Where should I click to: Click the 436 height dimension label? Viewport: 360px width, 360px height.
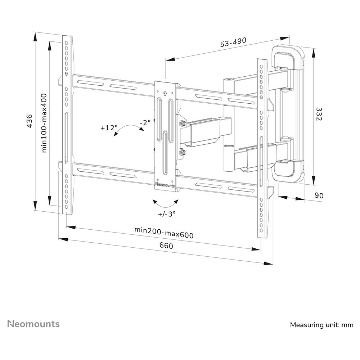coord(30,121)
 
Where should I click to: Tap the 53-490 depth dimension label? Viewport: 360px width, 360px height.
coord(233,43)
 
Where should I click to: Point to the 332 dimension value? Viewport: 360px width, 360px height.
coord(318,114)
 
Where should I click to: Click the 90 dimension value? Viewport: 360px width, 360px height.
coord(319,195)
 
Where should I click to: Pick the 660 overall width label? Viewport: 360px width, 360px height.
coord(166,246)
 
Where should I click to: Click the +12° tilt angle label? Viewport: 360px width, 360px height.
coord(109,128)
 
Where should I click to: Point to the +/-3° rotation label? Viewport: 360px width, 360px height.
coord(167,214)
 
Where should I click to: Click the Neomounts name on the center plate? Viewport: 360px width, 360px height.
coord(165,185)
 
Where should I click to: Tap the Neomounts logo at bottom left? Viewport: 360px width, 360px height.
coord(34,324)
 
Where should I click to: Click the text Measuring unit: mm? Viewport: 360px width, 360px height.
coord(321,325)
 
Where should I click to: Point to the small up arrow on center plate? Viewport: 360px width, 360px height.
coord(165,93)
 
